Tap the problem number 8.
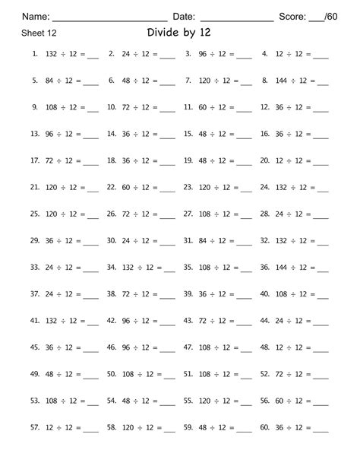pos(264,80)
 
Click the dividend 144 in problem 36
pos(281,267)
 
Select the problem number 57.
pos(34,428)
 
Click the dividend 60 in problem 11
pos(204,107)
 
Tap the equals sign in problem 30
pos(156,240)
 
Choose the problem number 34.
pos(111,267)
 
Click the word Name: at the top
pos(36,16)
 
